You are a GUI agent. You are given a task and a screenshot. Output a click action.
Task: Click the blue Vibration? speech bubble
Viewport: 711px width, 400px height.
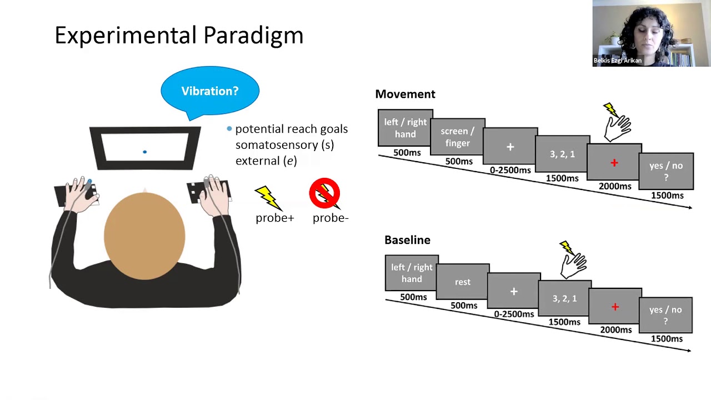210,91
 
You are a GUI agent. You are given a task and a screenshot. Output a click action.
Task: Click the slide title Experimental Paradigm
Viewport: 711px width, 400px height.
179,36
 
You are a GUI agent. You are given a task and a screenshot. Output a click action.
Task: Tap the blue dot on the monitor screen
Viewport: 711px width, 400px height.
144,152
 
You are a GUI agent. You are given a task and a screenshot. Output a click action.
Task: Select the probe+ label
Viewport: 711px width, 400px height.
274,218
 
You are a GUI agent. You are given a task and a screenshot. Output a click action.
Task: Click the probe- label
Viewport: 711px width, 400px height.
331,218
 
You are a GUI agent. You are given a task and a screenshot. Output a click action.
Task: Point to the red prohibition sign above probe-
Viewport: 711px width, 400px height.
324,193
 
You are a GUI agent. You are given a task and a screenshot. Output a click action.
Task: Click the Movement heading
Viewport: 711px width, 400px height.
405,94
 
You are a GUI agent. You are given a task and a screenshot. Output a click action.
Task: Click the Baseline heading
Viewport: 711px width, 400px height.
407,240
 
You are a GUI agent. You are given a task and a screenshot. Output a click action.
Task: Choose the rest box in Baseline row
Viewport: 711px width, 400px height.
463,282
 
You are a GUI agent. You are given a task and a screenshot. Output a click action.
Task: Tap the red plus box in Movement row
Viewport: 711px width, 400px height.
614,163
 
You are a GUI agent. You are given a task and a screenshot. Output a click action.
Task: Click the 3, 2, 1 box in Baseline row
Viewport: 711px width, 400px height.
564,299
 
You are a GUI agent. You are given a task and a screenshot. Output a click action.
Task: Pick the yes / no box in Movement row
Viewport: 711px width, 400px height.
666,172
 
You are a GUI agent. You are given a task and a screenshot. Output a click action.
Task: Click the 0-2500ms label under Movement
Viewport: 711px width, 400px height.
510,170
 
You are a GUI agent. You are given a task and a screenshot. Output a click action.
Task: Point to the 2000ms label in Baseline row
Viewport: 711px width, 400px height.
615,330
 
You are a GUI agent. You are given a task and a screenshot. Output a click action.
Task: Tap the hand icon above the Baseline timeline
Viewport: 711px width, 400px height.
574,261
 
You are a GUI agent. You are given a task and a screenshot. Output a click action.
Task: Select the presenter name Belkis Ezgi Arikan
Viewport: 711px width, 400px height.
617,61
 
